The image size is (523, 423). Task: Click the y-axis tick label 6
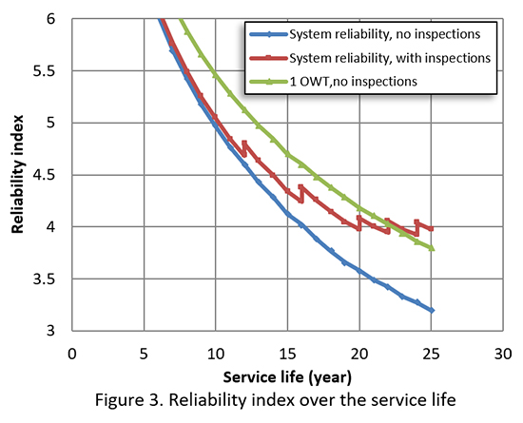[55, 19]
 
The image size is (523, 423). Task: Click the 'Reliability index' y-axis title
[17, 175]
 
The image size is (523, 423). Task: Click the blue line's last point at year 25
[432, 310]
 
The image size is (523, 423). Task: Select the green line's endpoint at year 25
[432, 248]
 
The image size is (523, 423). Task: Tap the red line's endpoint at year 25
[432, 229]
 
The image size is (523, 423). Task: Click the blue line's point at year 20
[359, 270]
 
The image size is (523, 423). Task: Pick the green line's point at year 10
[216, 74]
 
